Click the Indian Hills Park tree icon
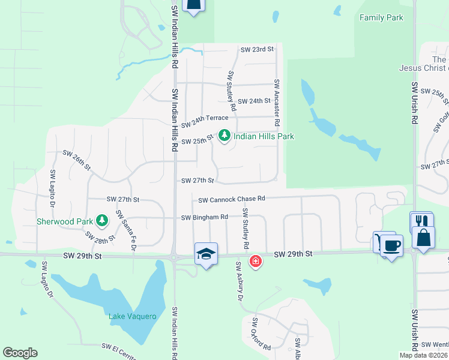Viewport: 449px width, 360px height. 224,136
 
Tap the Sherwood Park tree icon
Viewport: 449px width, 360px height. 103,221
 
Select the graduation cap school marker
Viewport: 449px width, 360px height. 205,254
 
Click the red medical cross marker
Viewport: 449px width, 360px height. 256,262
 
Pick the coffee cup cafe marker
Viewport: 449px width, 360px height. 391,245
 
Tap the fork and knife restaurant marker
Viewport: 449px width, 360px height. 421,223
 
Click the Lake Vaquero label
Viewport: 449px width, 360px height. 132,316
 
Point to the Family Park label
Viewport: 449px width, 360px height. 381,18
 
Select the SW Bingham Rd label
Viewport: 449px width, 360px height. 205,217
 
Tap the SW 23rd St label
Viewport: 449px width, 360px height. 256,49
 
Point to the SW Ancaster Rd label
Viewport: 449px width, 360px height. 277,102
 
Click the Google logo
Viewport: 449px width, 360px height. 20,353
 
